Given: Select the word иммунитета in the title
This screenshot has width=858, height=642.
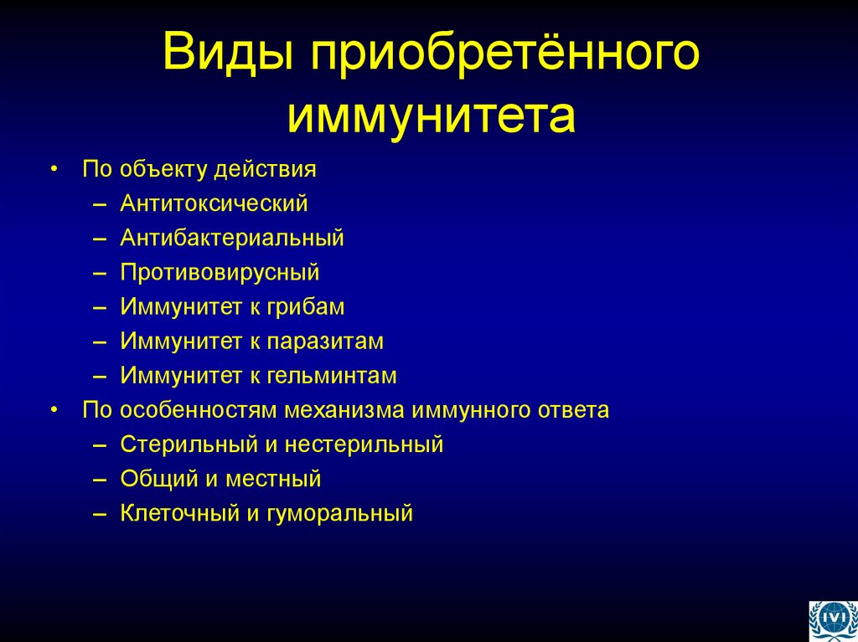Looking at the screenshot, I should click(432, 116).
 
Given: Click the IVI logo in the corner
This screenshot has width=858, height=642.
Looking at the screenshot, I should click(832, 620).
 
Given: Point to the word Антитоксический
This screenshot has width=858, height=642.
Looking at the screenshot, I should click(214, 203).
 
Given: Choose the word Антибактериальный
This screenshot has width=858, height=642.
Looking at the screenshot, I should click(231, 238).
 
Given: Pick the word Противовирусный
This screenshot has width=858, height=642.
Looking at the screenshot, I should click(220, 273).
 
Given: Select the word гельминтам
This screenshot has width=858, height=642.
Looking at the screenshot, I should click(333, 376).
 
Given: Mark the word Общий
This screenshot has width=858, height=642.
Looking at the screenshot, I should click(155, 479).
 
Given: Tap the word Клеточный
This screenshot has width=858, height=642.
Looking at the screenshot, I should click(179, 513).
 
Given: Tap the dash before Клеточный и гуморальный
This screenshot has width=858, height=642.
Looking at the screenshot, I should click(101, 513).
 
